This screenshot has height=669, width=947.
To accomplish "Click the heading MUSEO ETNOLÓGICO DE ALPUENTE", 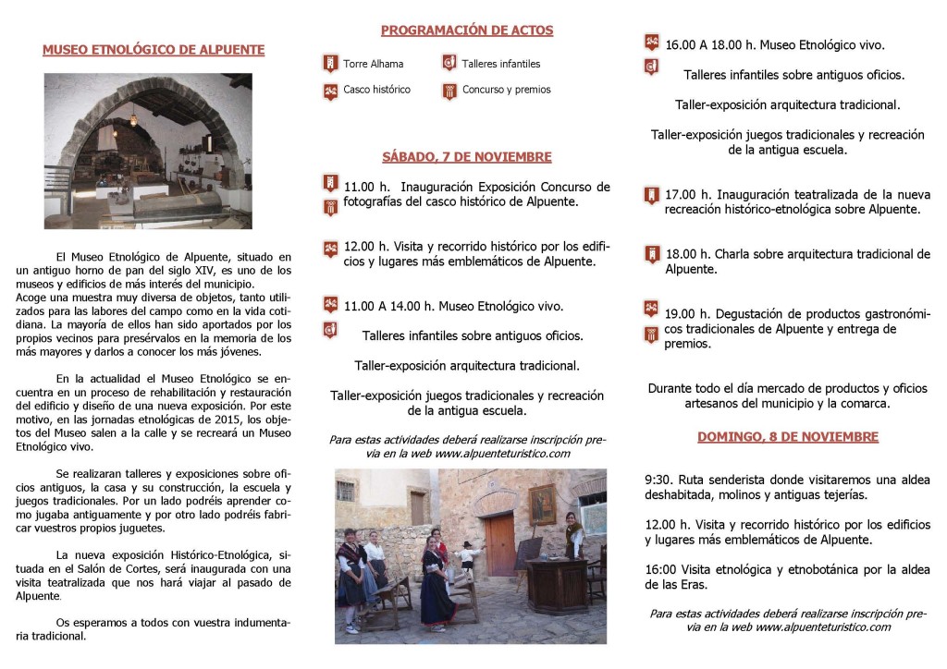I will click(x=154, y=50).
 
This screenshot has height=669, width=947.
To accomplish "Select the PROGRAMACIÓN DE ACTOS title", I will click(x=466, y=30).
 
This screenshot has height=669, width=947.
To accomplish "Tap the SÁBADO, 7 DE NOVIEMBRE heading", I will click(x=466, y=157).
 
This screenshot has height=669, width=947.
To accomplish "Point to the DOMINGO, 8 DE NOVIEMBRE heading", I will click(x=787, y=436).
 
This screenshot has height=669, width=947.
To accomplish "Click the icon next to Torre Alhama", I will click(x=329, y=64).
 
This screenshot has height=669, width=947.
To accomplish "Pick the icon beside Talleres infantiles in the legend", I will click(x=449, y=64).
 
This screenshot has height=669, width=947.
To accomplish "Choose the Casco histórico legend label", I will click(x=376, y=90).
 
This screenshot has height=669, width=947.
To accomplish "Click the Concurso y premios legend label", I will click(x=506, y=90).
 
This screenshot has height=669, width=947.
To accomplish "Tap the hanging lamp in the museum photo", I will click(x=132, y=118).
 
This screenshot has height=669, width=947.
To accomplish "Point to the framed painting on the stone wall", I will click(x=543, y=504).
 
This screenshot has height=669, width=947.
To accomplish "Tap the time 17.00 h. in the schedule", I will click(x=686, y=194).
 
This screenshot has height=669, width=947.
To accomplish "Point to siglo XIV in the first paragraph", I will click(x=228, y=270).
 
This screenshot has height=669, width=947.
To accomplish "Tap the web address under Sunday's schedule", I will click(x=822, y=626).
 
